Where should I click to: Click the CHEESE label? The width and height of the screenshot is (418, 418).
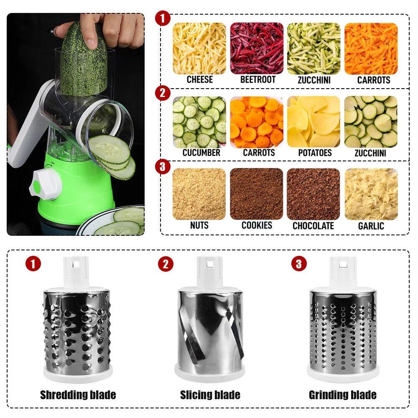(199, 79)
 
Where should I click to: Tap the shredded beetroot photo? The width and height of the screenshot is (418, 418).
(257, 48)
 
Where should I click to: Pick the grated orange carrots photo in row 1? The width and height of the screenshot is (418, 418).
(371, 48)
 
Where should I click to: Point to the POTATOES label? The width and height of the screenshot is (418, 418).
(314, 153)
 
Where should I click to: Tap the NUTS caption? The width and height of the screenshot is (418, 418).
(199, 225)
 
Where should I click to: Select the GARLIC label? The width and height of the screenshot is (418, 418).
(371, 226)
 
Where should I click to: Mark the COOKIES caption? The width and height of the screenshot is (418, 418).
(257, 225)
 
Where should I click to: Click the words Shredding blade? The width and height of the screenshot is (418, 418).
(78, 395)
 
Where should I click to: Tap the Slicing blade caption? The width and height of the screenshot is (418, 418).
(210, 395)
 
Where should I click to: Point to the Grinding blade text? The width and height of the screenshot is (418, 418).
(342, 395)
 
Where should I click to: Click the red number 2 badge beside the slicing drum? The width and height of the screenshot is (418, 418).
(166, 264)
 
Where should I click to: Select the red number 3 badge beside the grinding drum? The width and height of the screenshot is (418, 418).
(298, 264)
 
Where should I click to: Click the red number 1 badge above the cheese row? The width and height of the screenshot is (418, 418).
(163, 19)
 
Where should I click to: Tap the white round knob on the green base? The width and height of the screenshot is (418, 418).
(38, 184)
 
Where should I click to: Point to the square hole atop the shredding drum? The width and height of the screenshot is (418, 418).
(76, 265)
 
